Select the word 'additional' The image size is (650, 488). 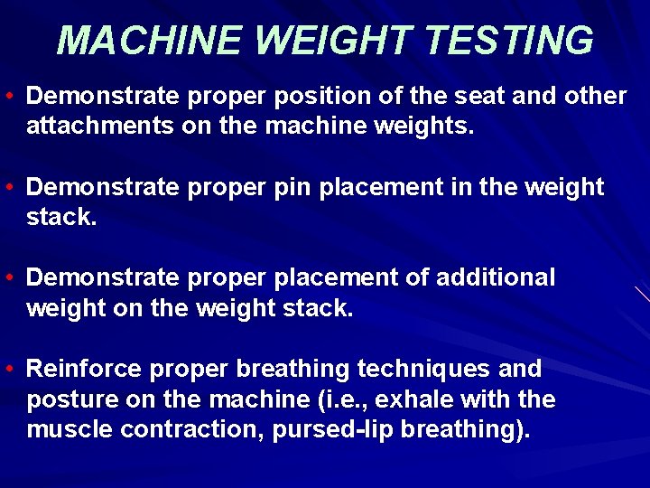(496, 277)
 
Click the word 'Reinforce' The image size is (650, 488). (84, 369)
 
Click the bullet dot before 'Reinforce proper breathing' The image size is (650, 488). (7, 369)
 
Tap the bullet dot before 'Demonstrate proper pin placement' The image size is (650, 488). (7, 187)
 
